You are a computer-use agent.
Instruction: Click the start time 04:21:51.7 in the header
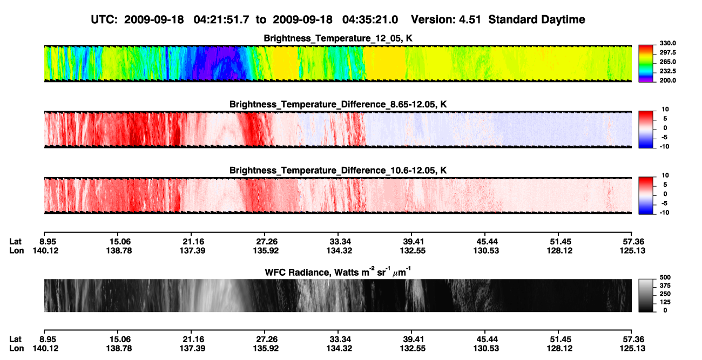pyautogui.click(x=221, y=19)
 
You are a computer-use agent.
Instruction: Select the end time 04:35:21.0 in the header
pyautogui.click(x=370, y=19)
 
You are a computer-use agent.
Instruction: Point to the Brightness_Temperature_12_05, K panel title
pyautogui.click(x=338, y=38)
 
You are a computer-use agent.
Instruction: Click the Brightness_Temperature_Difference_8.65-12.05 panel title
pyautogui.click(x=338, y=104)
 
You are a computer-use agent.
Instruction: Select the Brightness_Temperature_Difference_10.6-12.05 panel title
pyautogui.click(x=338, y=171)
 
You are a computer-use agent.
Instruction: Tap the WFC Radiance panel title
pyautogui.click(x=338, y=272)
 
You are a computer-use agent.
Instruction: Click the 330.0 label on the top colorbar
pyautogui.click(x=667, y=43)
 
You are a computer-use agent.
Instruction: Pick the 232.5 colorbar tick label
pyautogui.click(x=667, y=71)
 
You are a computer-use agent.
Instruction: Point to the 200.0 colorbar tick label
pyautogui.click(x=667, y=80)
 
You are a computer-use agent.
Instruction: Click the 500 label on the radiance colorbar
pyautogui.click(x=665, y=277)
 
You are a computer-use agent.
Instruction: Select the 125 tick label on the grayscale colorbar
pyautogui.click(x=665, y=302)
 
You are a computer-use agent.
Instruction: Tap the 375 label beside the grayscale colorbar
pyautogui.click(x=665, y=286)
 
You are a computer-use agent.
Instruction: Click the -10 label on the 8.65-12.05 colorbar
pyautogui.click(x=664, y=147)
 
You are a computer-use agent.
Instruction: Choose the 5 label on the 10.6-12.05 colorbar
pyautogui.click(x=665, y=185)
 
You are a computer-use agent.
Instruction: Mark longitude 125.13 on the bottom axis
pyautogui.click(x=632, y=349)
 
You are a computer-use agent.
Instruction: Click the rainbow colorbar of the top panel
pyautogui.click(x=646, y=64)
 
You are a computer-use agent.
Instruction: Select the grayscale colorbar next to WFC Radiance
pyautogui.click(x=646, y=295)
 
